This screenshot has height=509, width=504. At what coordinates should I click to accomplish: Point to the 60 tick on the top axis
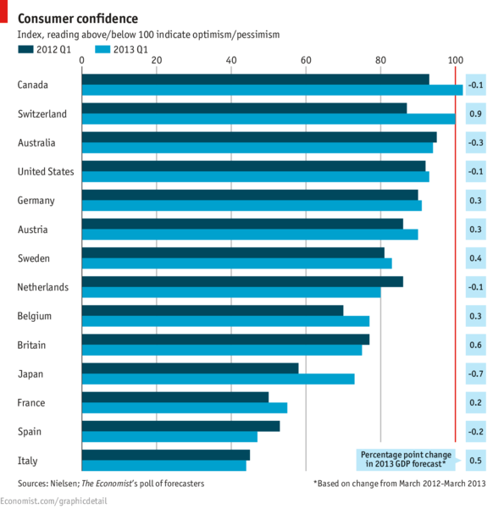point(306,60)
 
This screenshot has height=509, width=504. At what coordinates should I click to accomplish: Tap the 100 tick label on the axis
point(455,60)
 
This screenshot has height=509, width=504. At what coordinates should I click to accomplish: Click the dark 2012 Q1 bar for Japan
point(190,368)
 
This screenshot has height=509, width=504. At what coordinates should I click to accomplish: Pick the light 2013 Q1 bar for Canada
point(271,90)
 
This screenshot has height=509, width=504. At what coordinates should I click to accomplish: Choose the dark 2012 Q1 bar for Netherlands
point(241,281)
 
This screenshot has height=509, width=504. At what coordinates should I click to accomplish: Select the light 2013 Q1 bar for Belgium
point(224,321)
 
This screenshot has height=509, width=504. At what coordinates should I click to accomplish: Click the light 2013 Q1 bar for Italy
point(163,465)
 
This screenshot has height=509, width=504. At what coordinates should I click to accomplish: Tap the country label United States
point(46,172)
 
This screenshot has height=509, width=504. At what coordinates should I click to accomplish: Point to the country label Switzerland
point(42,113)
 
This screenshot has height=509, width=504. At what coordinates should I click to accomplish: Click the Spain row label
point(30,432)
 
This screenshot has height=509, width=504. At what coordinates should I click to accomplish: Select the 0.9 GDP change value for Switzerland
point(476,113)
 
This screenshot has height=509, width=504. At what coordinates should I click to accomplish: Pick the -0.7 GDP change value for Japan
point(476,374)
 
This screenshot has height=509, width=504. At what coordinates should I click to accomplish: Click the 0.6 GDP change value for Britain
point(476,346)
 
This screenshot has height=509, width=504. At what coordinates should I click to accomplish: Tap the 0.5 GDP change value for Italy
point(476,461)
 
